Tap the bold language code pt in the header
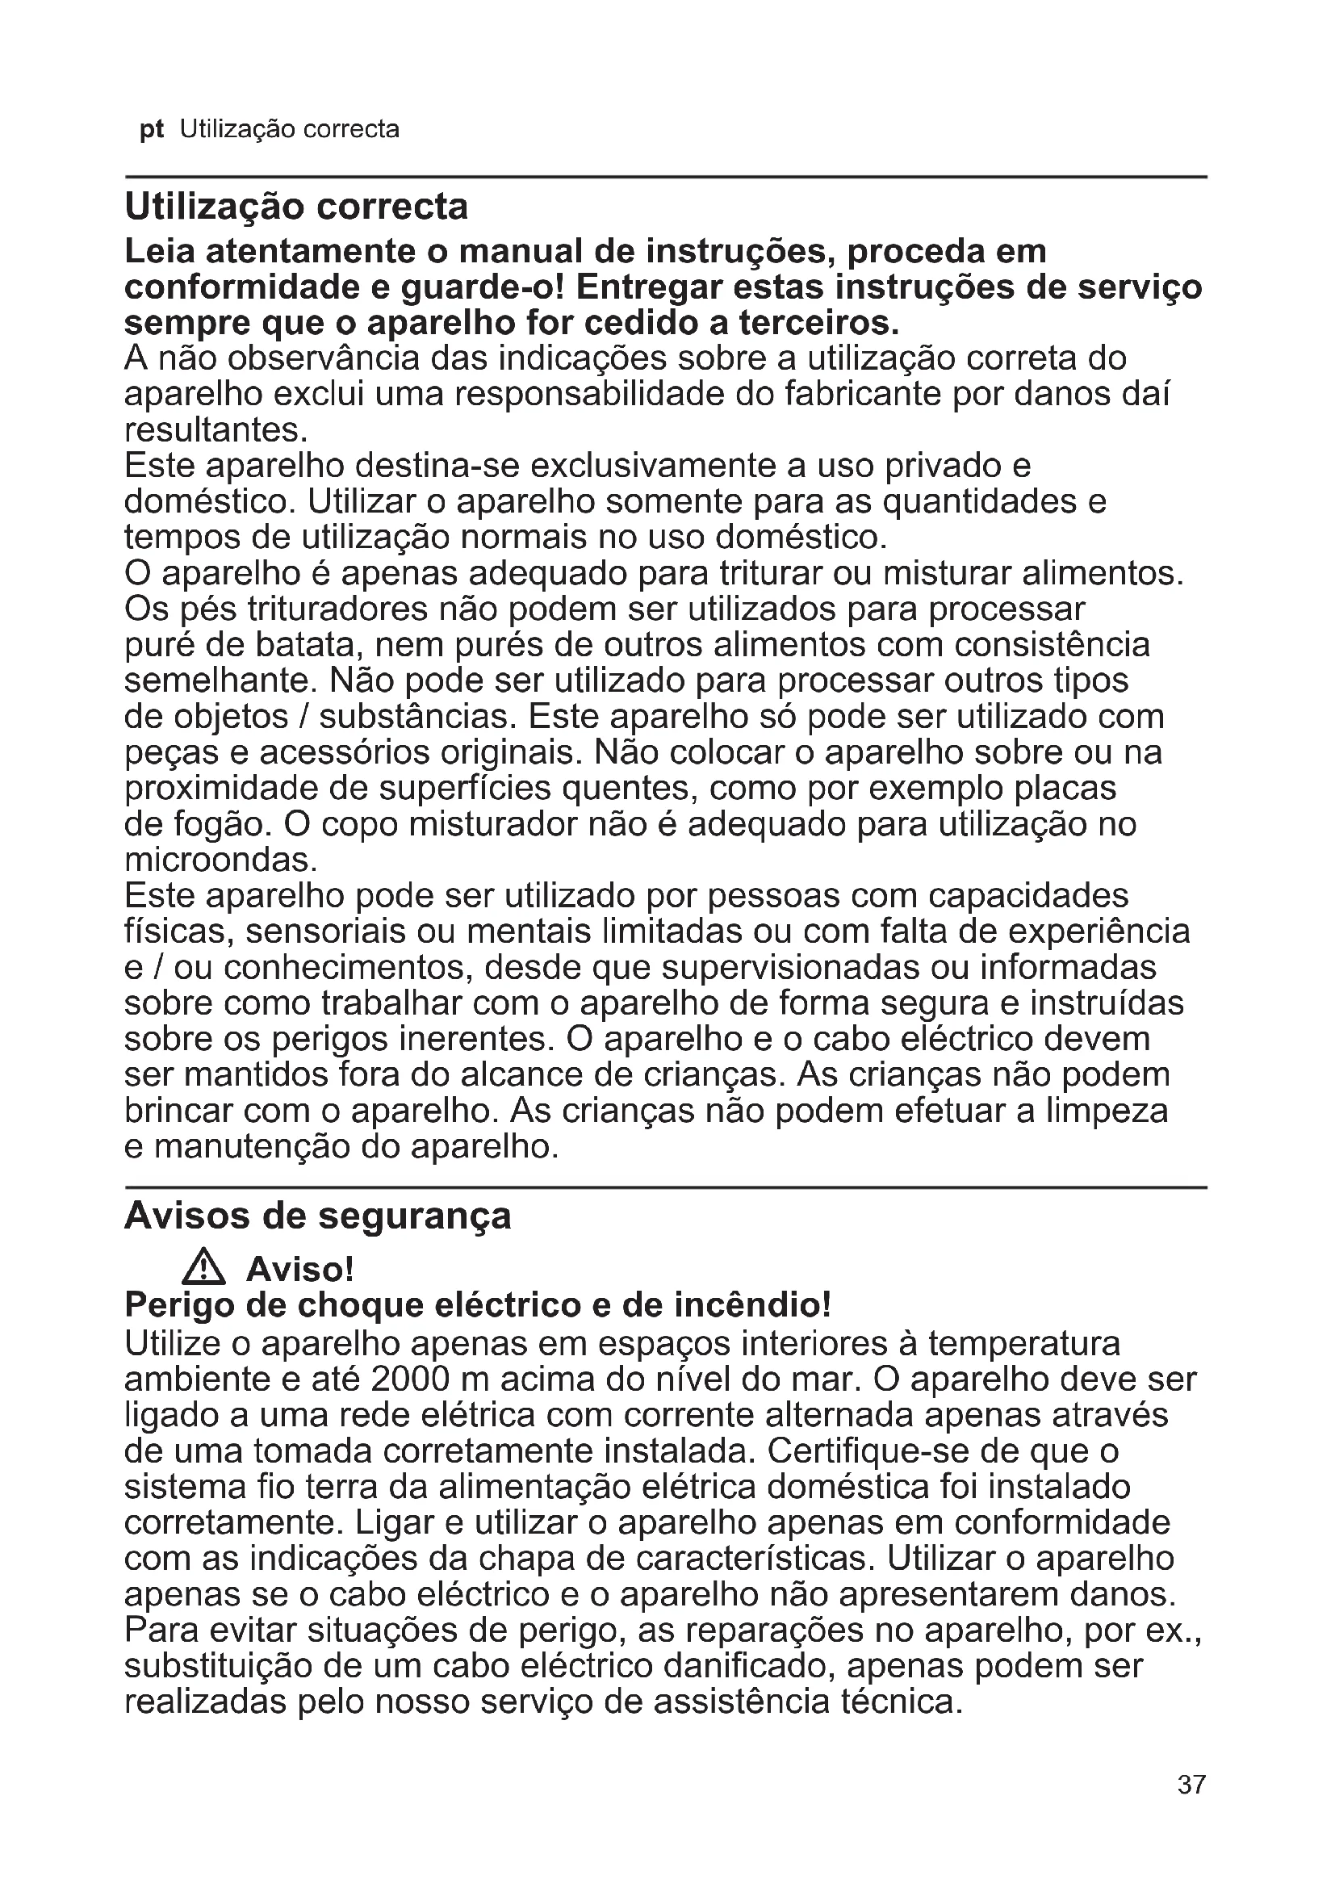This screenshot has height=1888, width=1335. point(151,130)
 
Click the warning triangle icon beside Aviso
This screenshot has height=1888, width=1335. point(203,1270)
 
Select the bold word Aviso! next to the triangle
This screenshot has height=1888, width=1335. point(300,1271)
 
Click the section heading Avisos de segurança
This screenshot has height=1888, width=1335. point(317,1216)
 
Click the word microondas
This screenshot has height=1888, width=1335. point(220,860)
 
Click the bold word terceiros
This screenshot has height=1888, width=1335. point(818,323)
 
